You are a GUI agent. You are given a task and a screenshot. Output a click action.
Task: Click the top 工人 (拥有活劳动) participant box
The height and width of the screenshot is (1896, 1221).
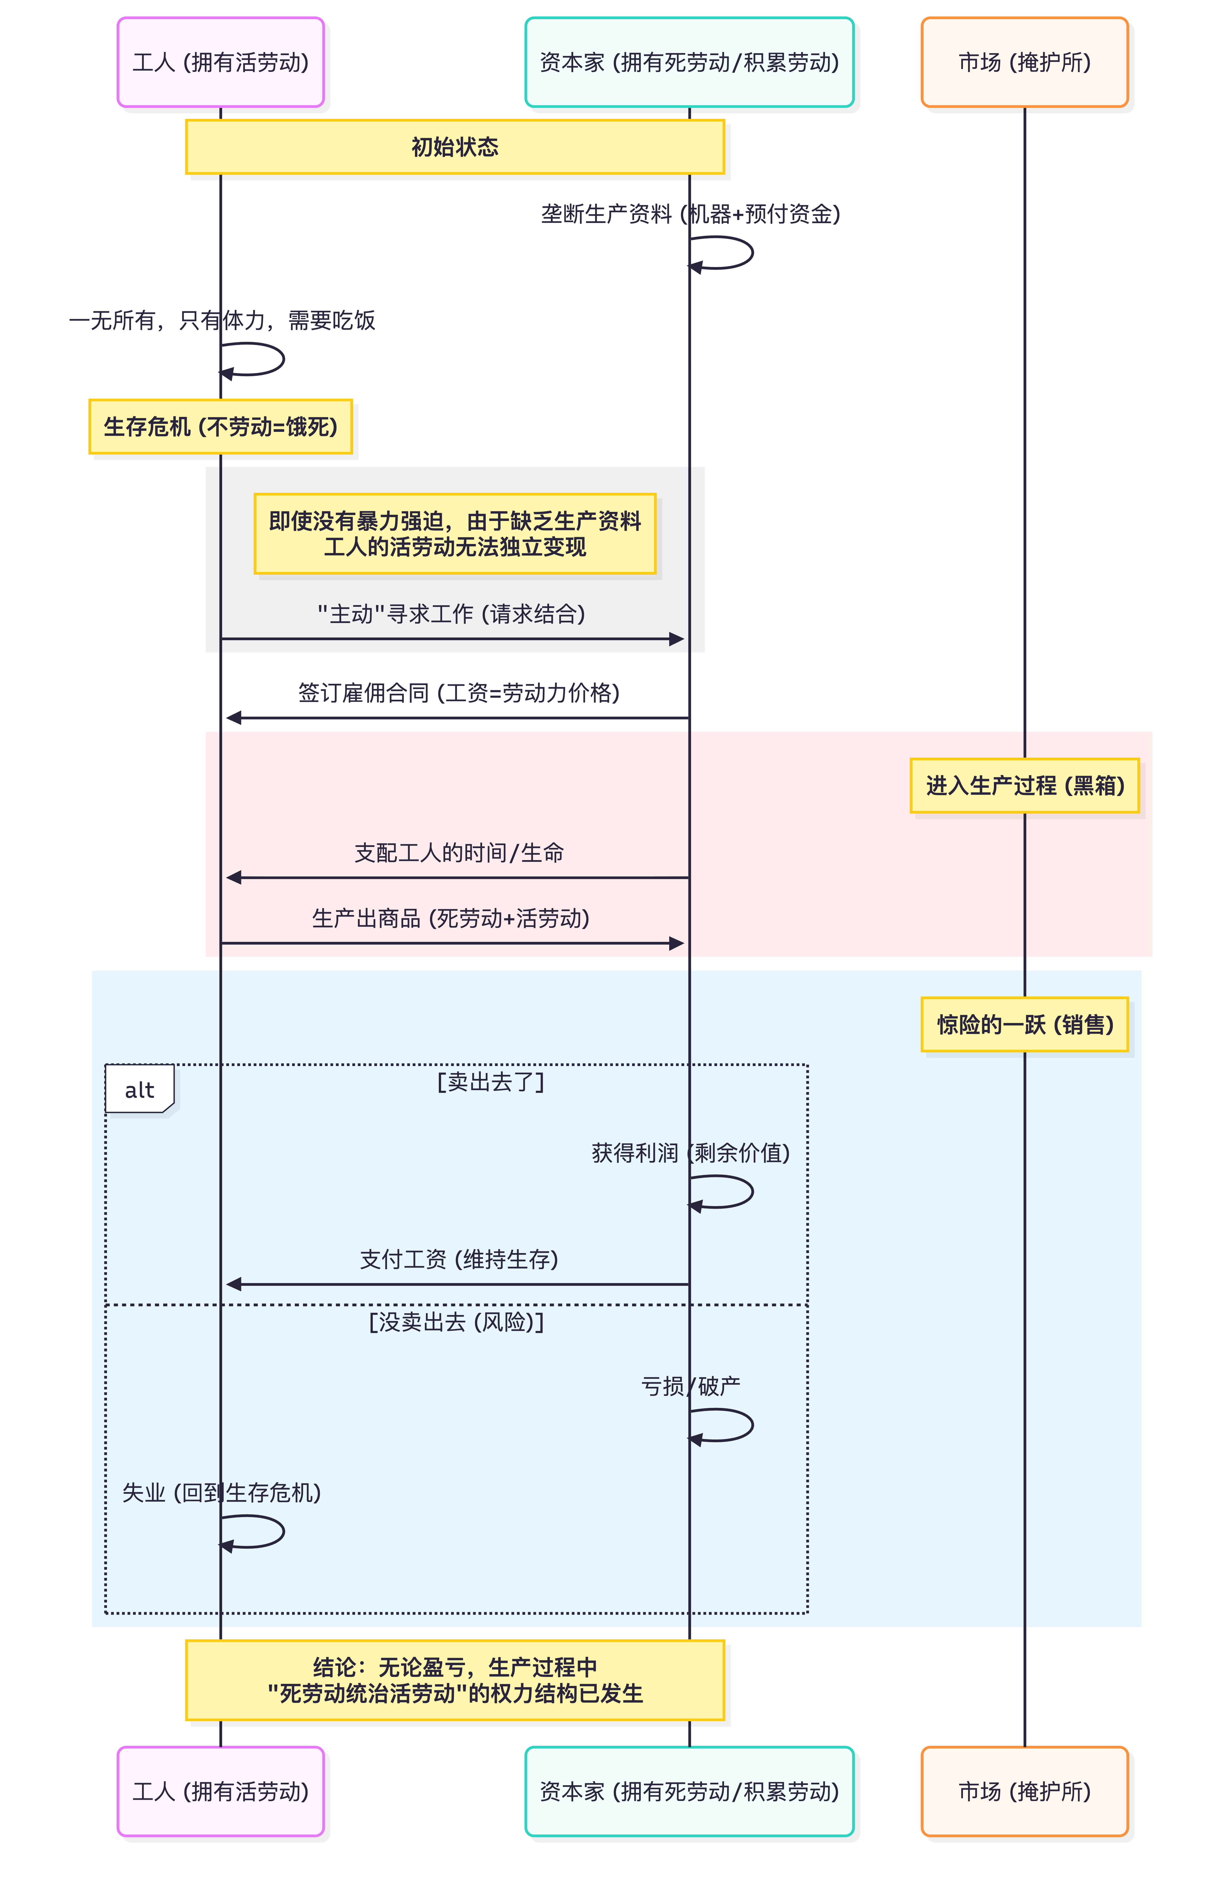tap(221, 62)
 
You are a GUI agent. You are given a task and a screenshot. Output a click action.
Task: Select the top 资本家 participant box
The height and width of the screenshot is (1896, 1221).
tap(689, 62)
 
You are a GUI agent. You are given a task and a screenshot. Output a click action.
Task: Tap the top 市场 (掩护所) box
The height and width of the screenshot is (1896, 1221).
tap(1024, 62)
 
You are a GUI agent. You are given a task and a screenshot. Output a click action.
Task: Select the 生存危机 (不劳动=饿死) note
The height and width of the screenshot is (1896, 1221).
tap(221, 426)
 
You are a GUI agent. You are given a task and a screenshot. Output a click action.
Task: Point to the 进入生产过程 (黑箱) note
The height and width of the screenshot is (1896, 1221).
tap(1024, 786)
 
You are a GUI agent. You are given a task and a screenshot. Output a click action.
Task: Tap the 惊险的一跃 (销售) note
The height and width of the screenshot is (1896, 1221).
tap(1024, 1024)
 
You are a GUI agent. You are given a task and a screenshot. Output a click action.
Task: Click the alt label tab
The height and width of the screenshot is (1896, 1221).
tap(140, 1090)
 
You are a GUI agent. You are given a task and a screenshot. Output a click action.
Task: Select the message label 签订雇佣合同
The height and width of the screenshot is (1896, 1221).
tap(458, 693)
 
